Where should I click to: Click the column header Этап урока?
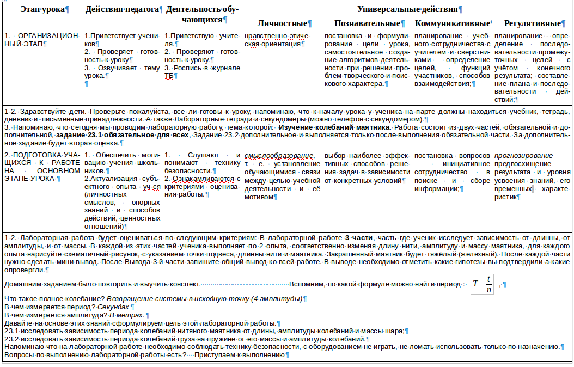42,10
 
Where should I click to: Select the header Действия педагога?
123,10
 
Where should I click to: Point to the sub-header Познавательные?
367,23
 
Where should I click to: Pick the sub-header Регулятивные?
532,23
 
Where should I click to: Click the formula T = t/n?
483,285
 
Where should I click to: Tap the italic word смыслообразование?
279,156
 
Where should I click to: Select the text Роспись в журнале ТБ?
202,72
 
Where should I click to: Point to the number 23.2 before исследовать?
11,339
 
